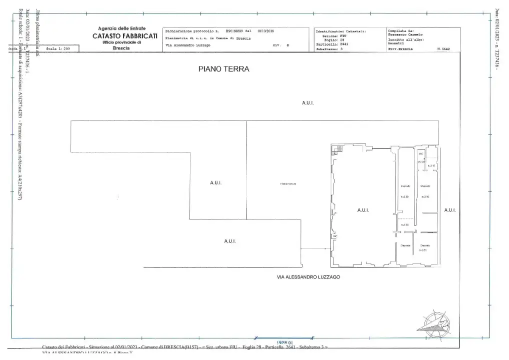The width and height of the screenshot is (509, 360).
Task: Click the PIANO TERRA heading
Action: [x=223, y=69]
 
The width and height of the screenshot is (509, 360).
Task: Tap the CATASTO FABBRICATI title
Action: [x=125, y=36]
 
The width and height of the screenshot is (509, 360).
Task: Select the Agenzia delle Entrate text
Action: [x=121, y=28]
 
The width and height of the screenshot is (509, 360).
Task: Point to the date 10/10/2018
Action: [x=265, y=30]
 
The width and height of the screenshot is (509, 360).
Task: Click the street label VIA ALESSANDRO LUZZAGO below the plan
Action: [x=308, y=276]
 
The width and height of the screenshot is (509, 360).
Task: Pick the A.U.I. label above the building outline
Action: [x=307, y=102]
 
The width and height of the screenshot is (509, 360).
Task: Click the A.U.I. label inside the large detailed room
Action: [x=363, y=210]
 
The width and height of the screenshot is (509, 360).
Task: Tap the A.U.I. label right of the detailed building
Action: [x=449, y=210]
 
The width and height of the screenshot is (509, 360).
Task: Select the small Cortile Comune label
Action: [x=288, y=183]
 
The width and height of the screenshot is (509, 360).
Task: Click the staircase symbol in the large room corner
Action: [x=338, y=149]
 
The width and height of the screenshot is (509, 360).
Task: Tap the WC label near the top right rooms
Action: [x=421, y=154]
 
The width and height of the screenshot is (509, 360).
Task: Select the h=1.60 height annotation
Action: [x=405, y=225]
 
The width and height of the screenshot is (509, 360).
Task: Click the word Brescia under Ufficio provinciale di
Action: [x=121, y=48]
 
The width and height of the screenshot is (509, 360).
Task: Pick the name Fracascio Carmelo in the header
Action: [x=405, y=34]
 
